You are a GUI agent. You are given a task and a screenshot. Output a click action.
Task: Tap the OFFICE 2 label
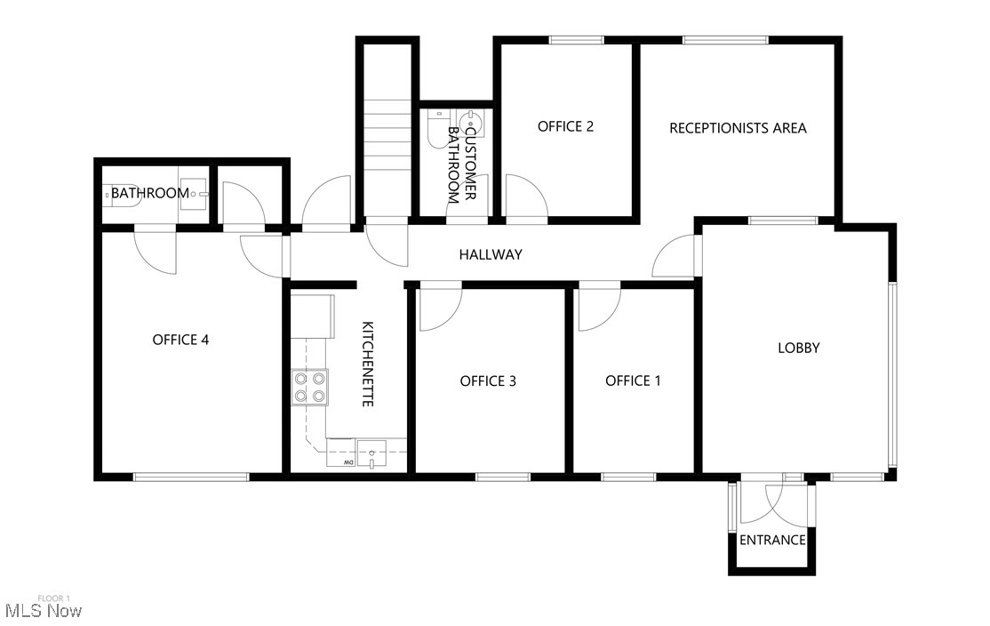tap(565, 126)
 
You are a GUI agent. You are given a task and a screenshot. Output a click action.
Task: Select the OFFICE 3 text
tap(488, 381)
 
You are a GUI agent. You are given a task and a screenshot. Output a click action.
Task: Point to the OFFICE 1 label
tap(633, 381)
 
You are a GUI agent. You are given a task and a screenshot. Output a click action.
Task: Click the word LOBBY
tap(799, 348)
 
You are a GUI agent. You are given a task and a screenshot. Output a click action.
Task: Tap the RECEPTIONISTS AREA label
tap(738, 128)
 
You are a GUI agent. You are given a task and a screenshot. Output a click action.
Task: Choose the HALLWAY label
tap(491, 254)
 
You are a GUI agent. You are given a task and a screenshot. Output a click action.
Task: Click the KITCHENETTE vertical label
tap(367, 365)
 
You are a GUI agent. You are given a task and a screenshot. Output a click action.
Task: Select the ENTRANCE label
tap(772, 540)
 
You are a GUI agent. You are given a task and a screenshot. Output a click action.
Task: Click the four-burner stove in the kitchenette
tap(310, 387)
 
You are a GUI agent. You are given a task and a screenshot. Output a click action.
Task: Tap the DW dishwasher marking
tap(349, 462)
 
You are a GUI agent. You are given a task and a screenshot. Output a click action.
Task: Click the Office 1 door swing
tap(597, 308)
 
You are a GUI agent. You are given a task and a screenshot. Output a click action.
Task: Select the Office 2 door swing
tap(524, 197)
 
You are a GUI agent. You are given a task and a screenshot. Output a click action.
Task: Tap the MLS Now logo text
tap(44, 611)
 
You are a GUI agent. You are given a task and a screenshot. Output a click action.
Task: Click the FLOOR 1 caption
tap(53, 598)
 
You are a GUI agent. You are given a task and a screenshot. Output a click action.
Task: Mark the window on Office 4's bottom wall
tap(191, 477)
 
